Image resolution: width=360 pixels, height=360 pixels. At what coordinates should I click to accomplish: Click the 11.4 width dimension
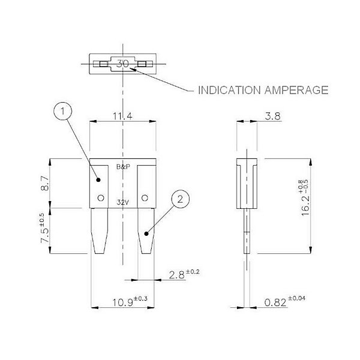pyautogui.click(x=122, y=116)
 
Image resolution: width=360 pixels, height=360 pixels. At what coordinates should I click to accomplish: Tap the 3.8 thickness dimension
pyautogui.click(x=272, y=116)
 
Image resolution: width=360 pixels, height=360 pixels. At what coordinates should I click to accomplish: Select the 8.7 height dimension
pyautogui.click(x=45, y=183)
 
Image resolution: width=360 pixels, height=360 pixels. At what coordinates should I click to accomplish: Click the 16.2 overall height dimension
pyautogui.click(x=305, y=198)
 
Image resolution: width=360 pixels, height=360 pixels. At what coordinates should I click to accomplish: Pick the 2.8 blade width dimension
pyautogui.click(x=184, y=274)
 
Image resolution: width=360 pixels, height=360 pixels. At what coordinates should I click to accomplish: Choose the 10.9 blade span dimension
pyautogui.click(x=130, y=301)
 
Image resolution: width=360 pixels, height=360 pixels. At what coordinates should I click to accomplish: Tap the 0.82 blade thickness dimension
pyautogui.click(x=284, y=301)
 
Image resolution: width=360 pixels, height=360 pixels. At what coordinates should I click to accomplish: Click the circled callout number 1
pyautogui.click(x=62, y=112)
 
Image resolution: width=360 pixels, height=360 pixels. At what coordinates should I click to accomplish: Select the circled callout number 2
pyautogui.click(x=181, y=199)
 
